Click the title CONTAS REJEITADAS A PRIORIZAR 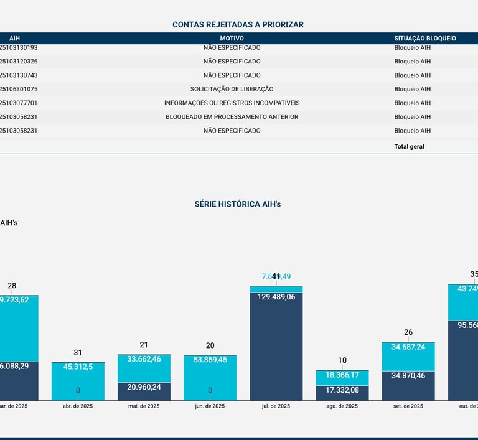click(x=238, y=25)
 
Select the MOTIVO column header click(x=232, y=39)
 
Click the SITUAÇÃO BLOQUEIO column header click(x=424, y=39)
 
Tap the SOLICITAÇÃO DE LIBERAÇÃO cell click(x=232, y=89)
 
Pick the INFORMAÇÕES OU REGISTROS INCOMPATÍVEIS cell click(x=232, y=103)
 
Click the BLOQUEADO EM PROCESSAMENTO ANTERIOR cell click(x=232, y=117)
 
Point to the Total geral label click(x=409, y=147)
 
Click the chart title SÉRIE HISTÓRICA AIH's click(x=238, y=204)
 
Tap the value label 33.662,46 click(x=144, y=359)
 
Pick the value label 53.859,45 click(x=210, y=359)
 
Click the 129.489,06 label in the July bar click(x=276, y=297)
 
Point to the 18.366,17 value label click(x=342, y=375)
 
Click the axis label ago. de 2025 click(x=342, y=406)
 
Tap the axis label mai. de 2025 click(x=144, y=406)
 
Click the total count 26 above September click(x=408, y=332)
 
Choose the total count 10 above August click(x=342, y=360)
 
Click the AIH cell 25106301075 click(x=19, y=89)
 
